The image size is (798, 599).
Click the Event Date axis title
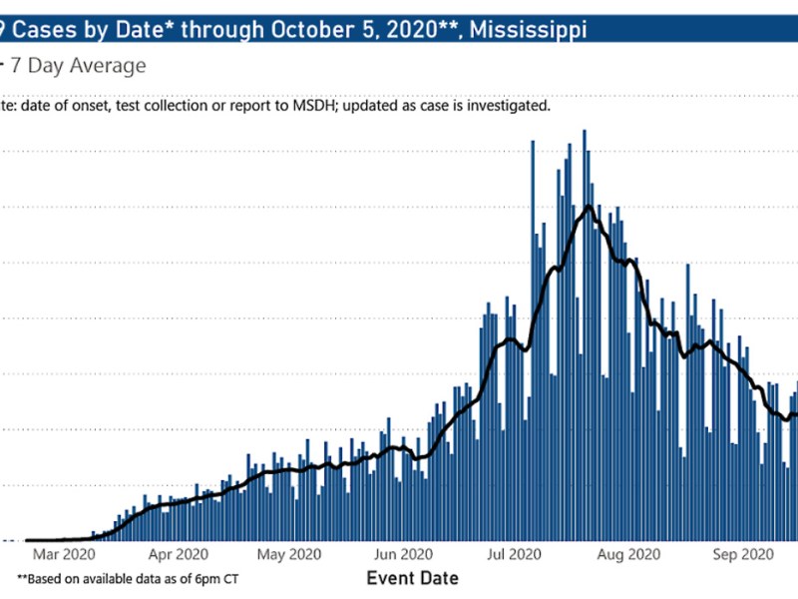413,578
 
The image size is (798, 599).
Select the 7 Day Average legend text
78,67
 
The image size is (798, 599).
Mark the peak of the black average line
590,206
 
